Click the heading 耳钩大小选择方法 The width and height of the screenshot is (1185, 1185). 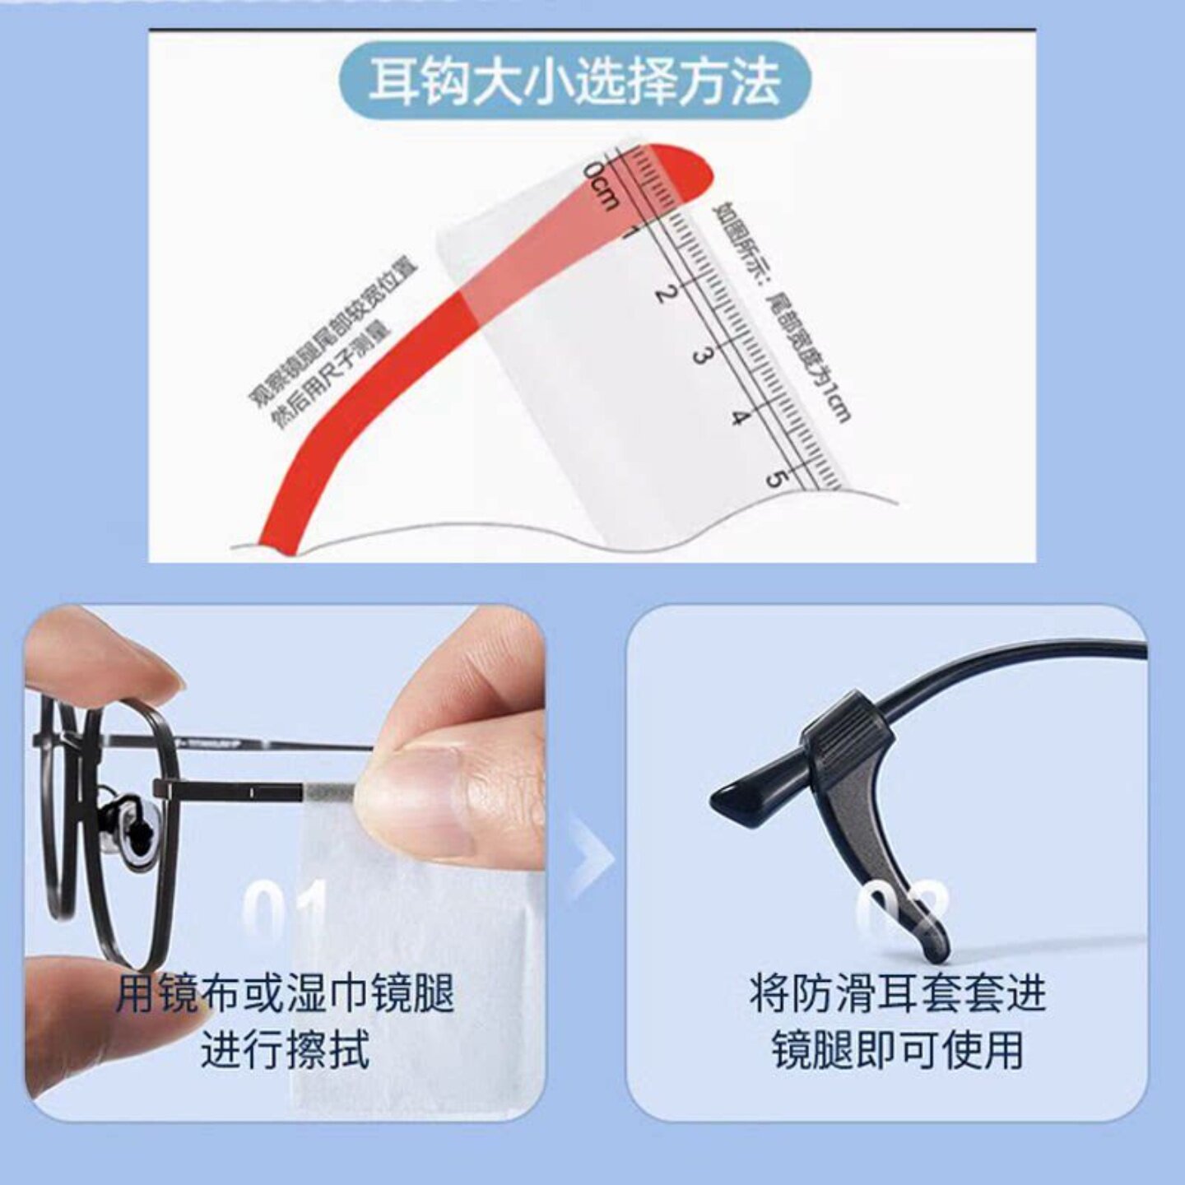click(574, 81)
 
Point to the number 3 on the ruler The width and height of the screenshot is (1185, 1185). click(701, 355)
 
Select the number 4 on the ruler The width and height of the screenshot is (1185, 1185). click(740, 417)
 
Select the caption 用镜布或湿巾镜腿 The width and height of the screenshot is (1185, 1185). click(285, 994)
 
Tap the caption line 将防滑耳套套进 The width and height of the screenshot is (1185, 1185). click(897, 994)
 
